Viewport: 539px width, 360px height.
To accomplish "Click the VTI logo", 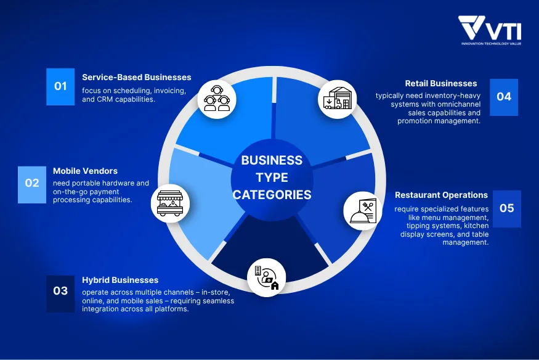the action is pyautogui.click(x=490, y=30).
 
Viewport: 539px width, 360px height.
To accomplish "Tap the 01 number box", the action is pyautogui.click(x=60, y=87).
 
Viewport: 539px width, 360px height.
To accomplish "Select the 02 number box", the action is pyautogui.click(x=32, y=185).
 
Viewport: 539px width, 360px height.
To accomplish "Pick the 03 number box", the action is pyautogui.click(x=60, y=293).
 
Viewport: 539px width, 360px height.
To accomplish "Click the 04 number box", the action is pyautogui.click(x=504, y=97).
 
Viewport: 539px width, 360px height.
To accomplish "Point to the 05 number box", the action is pyautogui.click(x=507, y=209).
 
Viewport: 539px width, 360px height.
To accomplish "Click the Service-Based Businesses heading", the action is pyautogui.click(x=137, y=78).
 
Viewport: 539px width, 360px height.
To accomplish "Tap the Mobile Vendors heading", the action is pyautogui.click(x=85, y=171).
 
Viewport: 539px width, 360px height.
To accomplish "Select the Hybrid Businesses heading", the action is pyautogui.click(x=120, y=280).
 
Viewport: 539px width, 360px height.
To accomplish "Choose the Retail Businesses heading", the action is pyautogui.click(x=441, y=84).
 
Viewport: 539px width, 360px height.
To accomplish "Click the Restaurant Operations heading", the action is pyautogui.click(x=442, y=195).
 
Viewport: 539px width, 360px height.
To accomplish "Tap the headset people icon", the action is pyautogui.click(x=217, y=99).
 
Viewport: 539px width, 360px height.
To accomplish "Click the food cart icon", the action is pyautogui.click(x=170, y=203).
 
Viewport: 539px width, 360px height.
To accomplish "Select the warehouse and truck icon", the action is pyautogui.click(x=337, y=99).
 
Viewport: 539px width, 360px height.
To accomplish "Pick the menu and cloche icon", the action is pyautogui.click(x=363, y=211).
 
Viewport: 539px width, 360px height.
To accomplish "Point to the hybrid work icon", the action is pyautogui.click(x=266, y=277).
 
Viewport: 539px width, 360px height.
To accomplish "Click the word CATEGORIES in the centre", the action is pyautogui.click(x=272, y=195).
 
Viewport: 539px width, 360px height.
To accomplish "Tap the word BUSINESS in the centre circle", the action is pyautogui.click(x=272, y=160).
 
